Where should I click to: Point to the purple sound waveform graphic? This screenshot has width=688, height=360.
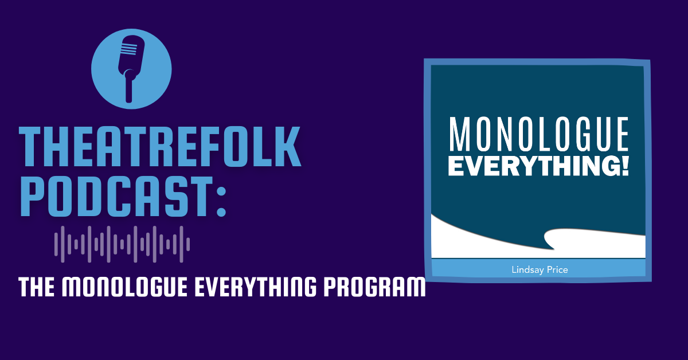click(122, 244)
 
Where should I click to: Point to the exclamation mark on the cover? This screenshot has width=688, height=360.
click(624, 166)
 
